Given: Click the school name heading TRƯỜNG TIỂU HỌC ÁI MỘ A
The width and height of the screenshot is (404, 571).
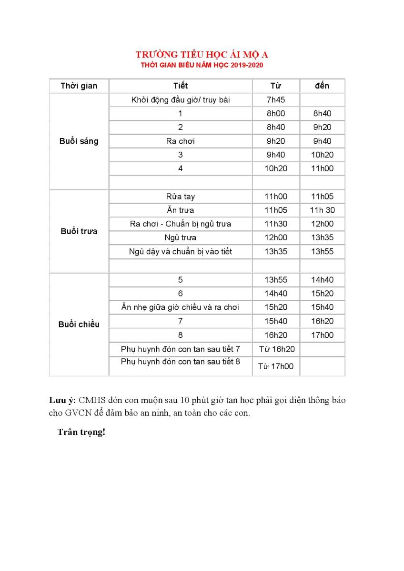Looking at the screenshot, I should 202,54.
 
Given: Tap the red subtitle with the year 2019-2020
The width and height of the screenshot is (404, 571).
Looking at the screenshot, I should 202,65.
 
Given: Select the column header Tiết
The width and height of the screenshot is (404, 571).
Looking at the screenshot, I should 181,86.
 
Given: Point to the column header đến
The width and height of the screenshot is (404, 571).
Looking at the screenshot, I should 322,86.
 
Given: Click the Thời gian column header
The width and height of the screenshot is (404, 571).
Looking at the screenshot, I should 79,86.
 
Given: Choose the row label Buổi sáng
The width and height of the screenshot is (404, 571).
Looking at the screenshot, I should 79,141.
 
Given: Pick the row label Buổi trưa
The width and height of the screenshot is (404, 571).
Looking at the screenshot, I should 79,231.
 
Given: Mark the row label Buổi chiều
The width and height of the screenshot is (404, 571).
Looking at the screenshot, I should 79,325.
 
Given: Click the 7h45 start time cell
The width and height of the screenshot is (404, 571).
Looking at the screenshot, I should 275,100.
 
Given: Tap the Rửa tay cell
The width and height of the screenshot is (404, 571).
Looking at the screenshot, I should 181,197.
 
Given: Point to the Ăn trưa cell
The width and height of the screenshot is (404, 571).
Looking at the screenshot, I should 181,210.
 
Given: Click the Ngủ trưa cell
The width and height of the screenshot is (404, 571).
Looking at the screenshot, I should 181,237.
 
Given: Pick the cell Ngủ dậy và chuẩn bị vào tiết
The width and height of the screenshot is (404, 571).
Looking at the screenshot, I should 181,251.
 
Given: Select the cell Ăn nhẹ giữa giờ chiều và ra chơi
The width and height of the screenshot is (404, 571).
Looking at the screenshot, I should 181,307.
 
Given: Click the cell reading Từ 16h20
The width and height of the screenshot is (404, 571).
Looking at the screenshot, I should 276,349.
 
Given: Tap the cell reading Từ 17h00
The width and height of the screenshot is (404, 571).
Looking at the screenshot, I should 276,366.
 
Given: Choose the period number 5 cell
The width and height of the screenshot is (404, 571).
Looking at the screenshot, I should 181,280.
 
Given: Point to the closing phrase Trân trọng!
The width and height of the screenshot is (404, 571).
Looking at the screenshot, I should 81,432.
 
